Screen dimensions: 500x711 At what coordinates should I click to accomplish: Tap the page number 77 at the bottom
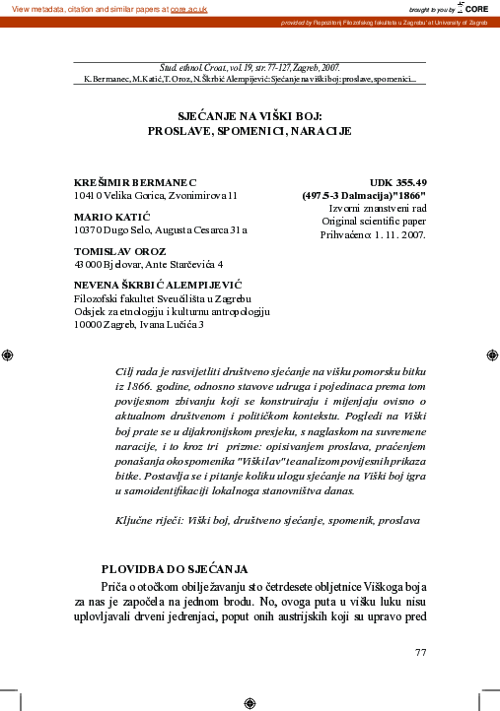pyautogui.click(x=421, y=652)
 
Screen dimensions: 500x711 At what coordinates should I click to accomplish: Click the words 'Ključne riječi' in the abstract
pyautogui.click(x=151, y=518)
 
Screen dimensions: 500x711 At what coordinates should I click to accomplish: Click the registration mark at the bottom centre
pyautogui.click(x=249, y=702)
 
